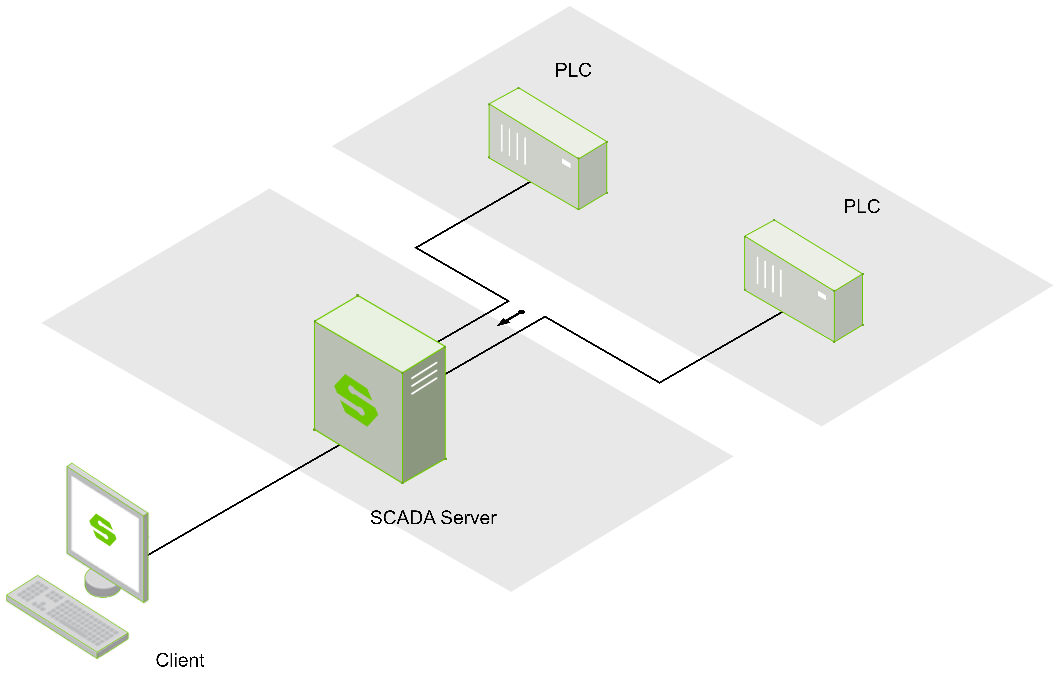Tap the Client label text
(x=180, y=660)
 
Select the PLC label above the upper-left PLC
(x=573, y=70)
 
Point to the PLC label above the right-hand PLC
(x=861, y=206)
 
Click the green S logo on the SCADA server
(x=356, y=400)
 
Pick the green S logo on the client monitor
(x=103, y=530)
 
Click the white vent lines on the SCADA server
(x=424, y=378)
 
